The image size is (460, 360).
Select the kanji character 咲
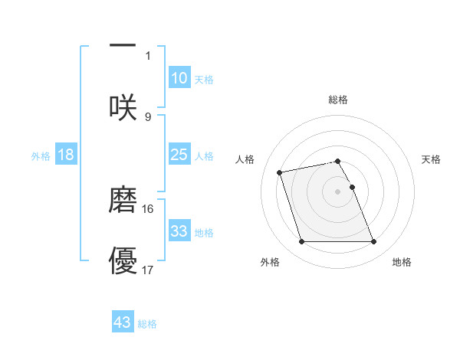[123, 107]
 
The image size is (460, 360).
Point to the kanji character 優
[123, 260]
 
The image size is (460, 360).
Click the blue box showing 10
[179, 78]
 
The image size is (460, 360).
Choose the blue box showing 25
[179, 155]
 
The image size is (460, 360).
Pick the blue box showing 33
[179, 231]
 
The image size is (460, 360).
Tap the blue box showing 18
[66, 155]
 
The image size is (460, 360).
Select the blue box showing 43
[123, 322]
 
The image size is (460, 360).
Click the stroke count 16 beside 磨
[148, 208]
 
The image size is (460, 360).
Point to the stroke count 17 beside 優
[148, 270]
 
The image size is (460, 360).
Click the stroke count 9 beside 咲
[148, 116]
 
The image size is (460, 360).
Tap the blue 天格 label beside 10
[204, 80]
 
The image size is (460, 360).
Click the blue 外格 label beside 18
[41, 156]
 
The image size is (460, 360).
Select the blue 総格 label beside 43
[147, 324]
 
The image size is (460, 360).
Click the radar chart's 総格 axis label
[338, 100]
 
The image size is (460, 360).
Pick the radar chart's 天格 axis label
[432, 159]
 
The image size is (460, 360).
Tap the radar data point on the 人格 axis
[280, 172]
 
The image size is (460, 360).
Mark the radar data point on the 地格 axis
[373, 242]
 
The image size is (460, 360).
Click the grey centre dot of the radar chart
[338, 191]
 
